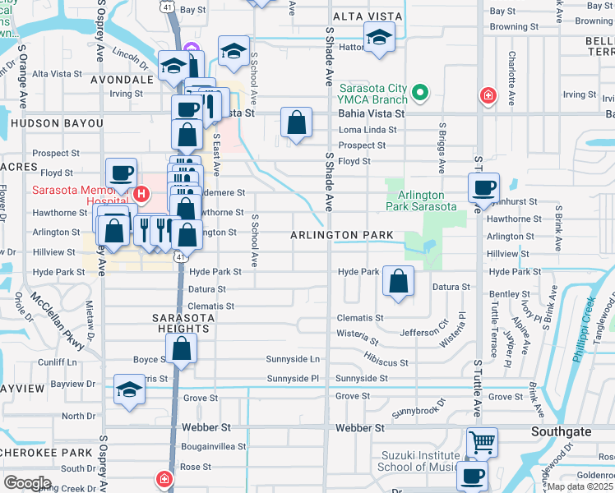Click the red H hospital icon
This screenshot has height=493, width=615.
tap(141, 194)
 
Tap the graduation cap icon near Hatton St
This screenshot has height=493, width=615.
tap(379, 38)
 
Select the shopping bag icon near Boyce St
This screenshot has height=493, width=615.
tap(182, 348)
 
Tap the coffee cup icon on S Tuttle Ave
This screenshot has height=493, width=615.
tap(483, 187)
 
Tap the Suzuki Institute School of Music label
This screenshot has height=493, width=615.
tap(418, 461)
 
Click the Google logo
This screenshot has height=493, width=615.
tap(27, 482)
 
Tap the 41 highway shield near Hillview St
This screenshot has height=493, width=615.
tap(178, 257)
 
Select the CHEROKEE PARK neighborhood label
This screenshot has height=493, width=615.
tap(46, 453)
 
